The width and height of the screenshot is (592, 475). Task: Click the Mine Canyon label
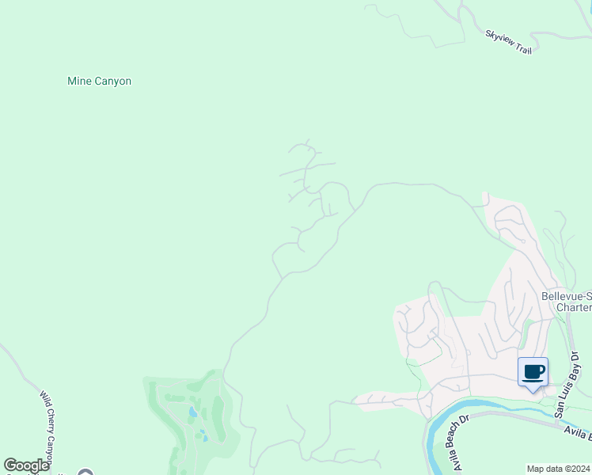[x=99, y=81]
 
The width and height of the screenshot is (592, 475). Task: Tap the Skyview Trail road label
[x=508, y=41]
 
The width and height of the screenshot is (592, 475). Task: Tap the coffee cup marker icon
[x=533, y=372]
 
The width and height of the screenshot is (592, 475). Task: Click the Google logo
[x=26, y=465]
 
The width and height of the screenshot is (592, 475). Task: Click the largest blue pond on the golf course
[x=193, y=412]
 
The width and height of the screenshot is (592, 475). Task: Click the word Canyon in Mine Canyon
[x=113, y=81]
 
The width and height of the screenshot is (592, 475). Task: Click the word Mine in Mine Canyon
[x=79, y=81]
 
